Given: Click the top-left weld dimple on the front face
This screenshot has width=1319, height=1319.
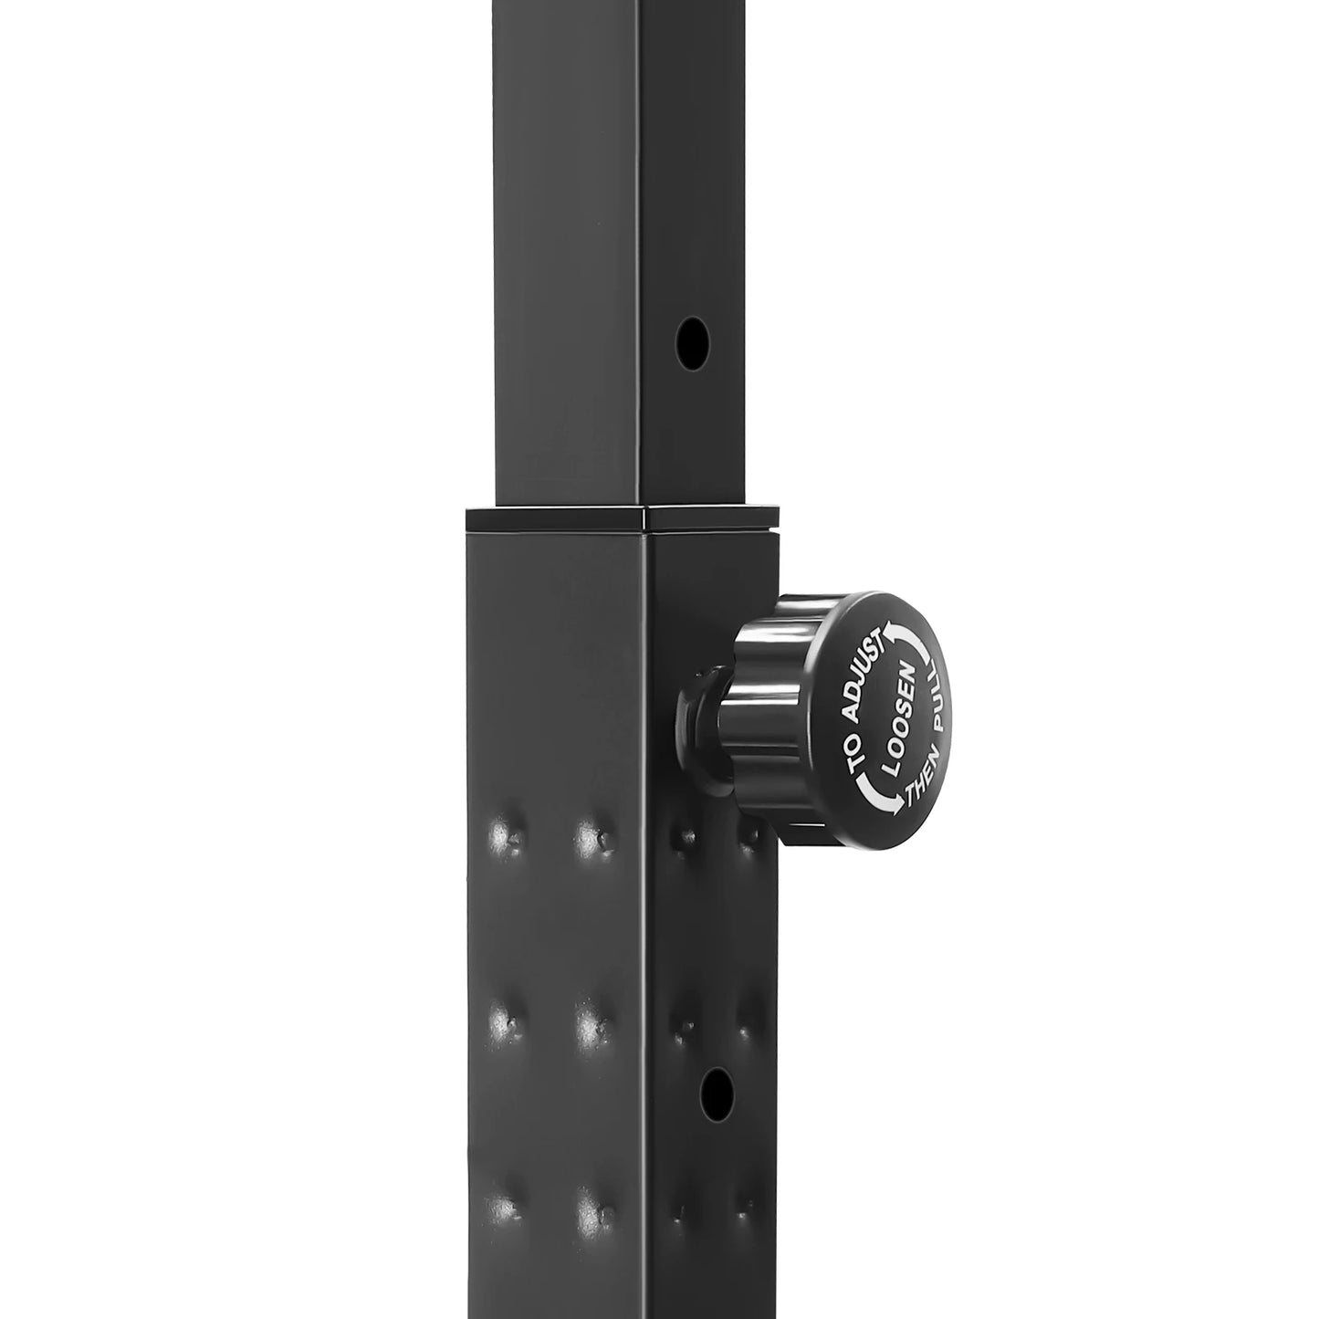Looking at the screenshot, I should [502, 833].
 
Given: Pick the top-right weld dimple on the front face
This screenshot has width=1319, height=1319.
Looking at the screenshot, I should [592, 833].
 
